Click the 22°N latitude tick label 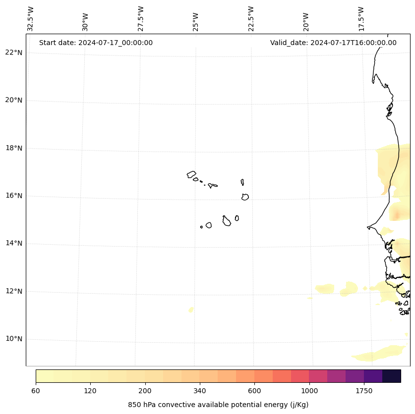[x=14, y=52]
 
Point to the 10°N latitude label [x=14, y=339]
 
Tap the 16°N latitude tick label [x=14, y=196]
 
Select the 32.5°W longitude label [x=31, y=19]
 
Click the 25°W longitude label [x=196, y=22]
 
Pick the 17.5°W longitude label [x=361, y=19]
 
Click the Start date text [x=96, y=43]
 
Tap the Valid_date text [x=333, y=43]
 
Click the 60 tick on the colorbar [x=36, y=391]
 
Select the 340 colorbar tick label [x=199, y=391]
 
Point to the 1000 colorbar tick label [x=309, y=391]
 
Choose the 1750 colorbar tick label [x=364, y=391]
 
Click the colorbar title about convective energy [x=218, y=405]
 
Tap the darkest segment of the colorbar [x=392, y=376]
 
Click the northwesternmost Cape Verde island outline [x=191, y=174]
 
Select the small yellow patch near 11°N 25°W [x=191, y=310]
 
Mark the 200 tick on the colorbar [x=145, y=391]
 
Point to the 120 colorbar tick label [x=90, y=391]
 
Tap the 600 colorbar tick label [x=254, y=391]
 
